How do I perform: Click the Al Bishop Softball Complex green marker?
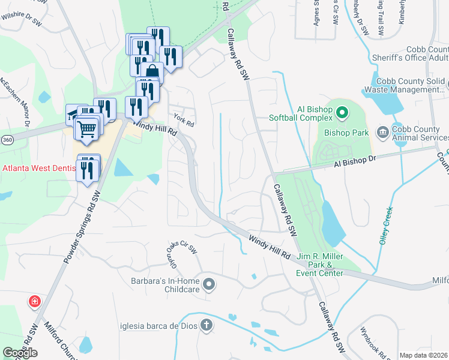tap(342, 112)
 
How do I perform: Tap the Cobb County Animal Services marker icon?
tap(382, 131)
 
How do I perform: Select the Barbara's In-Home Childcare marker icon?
tap(208, 284)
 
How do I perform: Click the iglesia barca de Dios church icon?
tap(206, 326)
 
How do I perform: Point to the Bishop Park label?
tap(345, 132)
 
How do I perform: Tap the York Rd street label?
tap(183, 119)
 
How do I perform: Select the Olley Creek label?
tap(385, 226)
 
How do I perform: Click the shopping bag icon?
tap(153, 72)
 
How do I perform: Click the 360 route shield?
tap(7, 139)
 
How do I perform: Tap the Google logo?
tap(20, 353)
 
